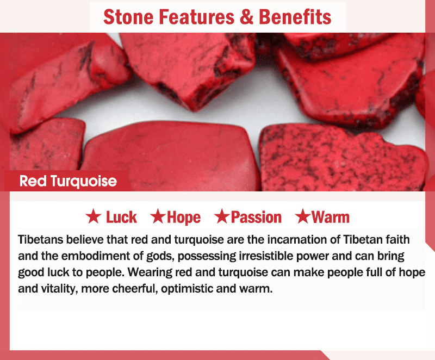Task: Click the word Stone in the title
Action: coord(128,17)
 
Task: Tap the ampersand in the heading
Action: coord(246,17)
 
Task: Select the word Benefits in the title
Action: coord(295,17)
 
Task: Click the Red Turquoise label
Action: coord(68,182)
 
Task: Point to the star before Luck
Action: coord(93,216)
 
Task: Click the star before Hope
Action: coord(158,216)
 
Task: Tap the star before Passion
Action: coord(222,216)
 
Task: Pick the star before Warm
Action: coord(302,216)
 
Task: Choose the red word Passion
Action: coord(256,217)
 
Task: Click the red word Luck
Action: coord(121,217)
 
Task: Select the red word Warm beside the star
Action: coord(331,217)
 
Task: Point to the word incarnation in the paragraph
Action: coord(297,239)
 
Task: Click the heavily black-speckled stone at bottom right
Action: coord(343,158)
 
